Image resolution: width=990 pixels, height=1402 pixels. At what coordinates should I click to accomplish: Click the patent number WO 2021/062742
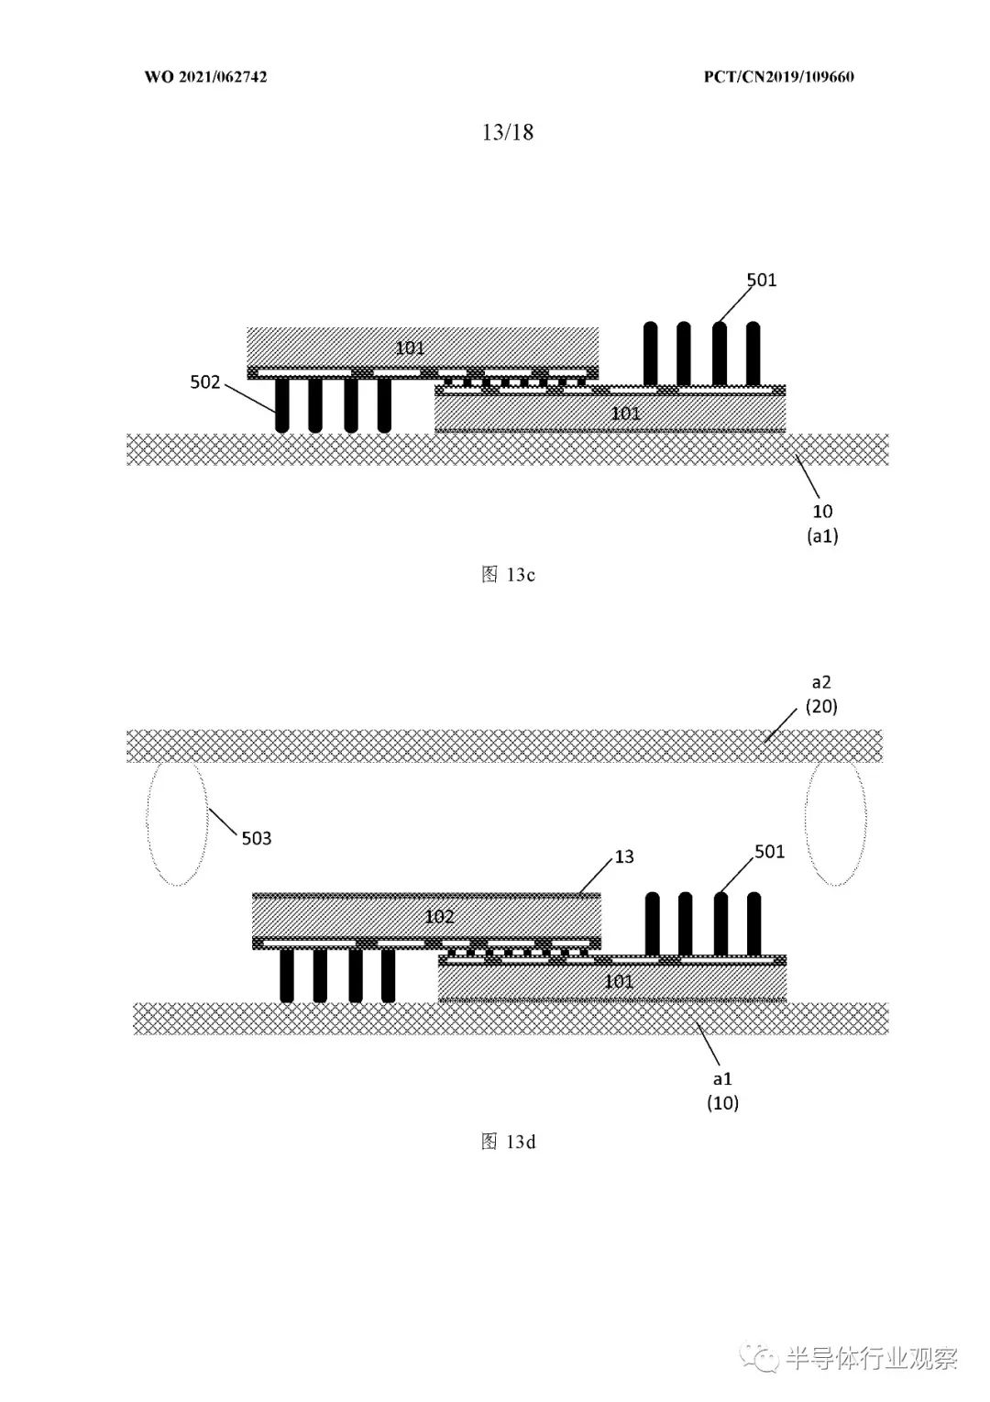(206, 77)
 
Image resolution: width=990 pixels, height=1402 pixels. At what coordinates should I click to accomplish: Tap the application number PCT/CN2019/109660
(778, 77)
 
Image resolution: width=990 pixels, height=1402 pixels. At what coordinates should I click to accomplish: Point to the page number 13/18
(508, 132)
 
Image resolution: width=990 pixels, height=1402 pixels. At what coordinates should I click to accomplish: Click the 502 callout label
(205, 381)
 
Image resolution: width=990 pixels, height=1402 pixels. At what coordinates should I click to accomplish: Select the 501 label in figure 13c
(762, 280)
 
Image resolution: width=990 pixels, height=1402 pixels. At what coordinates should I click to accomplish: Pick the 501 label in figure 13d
(769, 851)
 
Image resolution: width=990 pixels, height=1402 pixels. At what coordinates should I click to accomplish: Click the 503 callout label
(257, 838)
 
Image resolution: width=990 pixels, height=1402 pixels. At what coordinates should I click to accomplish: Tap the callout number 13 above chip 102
(624, 856)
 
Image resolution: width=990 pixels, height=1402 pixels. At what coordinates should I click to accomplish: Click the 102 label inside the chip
(439, 917)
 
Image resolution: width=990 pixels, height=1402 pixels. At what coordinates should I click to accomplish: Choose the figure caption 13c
(508, 575)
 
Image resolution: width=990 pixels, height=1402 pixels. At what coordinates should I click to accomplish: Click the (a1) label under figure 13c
(822, 535)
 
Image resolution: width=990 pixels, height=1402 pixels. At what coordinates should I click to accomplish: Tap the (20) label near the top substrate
(821, 706)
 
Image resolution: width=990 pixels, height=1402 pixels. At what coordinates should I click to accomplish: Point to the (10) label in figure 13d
(722, 1102)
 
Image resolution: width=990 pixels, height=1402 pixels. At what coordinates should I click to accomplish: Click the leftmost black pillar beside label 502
(282, 405)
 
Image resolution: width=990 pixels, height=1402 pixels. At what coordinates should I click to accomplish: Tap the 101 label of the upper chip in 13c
(410, 348)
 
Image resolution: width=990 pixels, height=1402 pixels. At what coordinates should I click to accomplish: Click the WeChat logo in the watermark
(759, 1355)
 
